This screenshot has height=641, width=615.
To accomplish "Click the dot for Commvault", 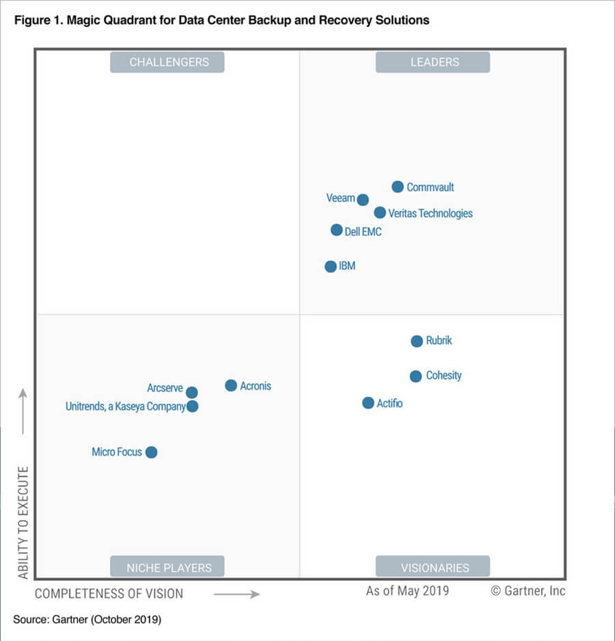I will tap(398, 187).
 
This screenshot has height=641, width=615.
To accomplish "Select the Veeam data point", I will tap(363, 200).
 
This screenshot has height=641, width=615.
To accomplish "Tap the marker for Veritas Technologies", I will tap(380, 213).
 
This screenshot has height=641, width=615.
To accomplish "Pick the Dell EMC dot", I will tap(336, 230).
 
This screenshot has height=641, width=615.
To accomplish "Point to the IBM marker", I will tap(331, 266).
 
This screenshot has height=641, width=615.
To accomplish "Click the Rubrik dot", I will tap(417, 341).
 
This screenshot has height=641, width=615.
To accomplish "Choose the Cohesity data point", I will tap(415, 376).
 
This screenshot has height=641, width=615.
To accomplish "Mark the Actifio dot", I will tap(368, 403).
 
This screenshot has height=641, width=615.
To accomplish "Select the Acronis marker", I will tap(231, 386).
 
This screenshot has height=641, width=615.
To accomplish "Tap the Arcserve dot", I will tap(192, 392).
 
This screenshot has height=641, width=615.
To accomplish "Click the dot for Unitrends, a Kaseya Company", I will tap(193, 406).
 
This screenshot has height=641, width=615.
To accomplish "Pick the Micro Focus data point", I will tap(152, 452).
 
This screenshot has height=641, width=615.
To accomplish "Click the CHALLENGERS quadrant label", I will tap(167, 62).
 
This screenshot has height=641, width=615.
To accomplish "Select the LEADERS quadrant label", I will tap(433, 62).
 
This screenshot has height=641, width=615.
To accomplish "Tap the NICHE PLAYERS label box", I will tap(167, 567).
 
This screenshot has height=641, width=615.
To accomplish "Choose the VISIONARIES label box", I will tap(433, 567).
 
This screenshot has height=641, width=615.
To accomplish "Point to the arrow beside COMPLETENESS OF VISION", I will tap(236, 594).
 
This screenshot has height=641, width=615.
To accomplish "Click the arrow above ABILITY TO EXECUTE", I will tap(23, 410).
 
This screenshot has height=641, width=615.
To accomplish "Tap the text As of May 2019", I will tap(407, 590).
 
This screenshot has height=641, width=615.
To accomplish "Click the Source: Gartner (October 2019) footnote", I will tap(87, 620).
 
